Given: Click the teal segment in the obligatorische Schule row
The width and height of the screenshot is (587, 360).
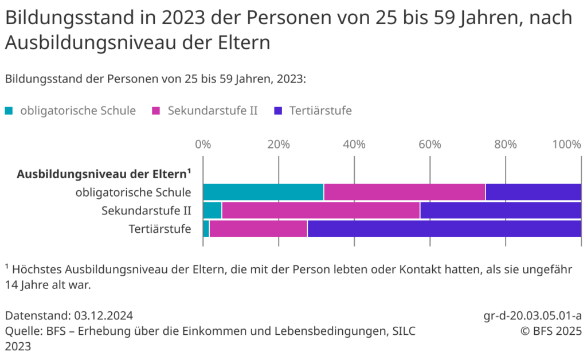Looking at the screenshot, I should (x=263, y=192).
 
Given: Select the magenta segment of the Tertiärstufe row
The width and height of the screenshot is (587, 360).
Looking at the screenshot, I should (x=258, y=229).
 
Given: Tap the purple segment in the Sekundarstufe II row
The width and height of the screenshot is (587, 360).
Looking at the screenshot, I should (x=500, y=210).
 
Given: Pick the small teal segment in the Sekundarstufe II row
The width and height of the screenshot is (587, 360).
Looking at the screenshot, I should (x=212, y=210).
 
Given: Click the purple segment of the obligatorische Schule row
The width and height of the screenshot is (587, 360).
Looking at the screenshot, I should (x=533, y=192).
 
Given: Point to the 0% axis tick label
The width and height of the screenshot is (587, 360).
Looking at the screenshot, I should (x=203, y=144).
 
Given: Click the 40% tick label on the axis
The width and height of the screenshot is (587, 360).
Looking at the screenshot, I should (x=354, y=144).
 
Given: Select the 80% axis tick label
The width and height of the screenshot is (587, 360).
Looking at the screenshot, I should (x=506, y=144).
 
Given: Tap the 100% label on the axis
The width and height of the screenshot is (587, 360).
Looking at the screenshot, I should (x=566, y=144).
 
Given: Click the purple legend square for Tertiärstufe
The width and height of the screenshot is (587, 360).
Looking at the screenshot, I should (x=278, y=111).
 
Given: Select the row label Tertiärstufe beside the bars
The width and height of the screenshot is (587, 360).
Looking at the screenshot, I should (x=159, y=229).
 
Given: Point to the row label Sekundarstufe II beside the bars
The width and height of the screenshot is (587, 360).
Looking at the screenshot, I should (x=146, y=210).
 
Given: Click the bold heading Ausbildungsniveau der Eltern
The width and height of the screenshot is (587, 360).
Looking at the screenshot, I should (x=103, y=174).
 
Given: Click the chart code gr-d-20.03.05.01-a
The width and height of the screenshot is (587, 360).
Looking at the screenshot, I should (x=533, y=316).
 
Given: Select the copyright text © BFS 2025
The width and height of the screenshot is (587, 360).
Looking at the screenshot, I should (x=551, y=331).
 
